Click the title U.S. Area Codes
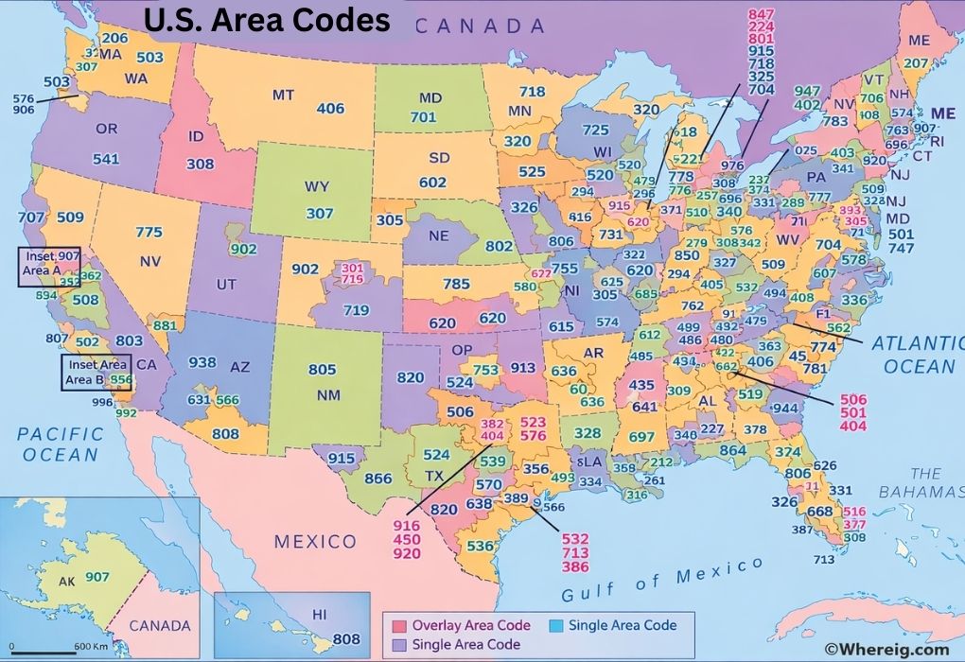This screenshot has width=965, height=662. pos(266,21)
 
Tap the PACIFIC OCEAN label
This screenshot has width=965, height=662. pos(61,444)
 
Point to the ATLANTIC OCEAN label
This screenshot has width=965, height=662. pos(916,354)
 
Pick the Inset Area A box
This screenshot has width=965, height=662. pos(49,266)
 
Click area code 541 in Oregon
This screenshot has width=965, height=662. pos(106,159)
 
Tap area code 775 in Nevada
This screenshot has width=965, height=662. pos(149,233)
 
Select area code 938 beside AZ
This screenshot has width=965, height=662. pos(202,362)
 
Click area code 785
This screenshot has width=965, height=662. pos(456,283)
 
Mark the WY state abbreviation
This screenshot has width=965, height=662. pos(317,186)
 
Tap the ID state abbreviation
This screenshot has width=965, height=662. pos(196,136)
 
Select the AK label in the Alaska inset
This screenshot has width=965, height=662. pos(67,581)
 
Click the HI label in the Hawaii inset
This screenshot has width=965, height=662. pos(319,616)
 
